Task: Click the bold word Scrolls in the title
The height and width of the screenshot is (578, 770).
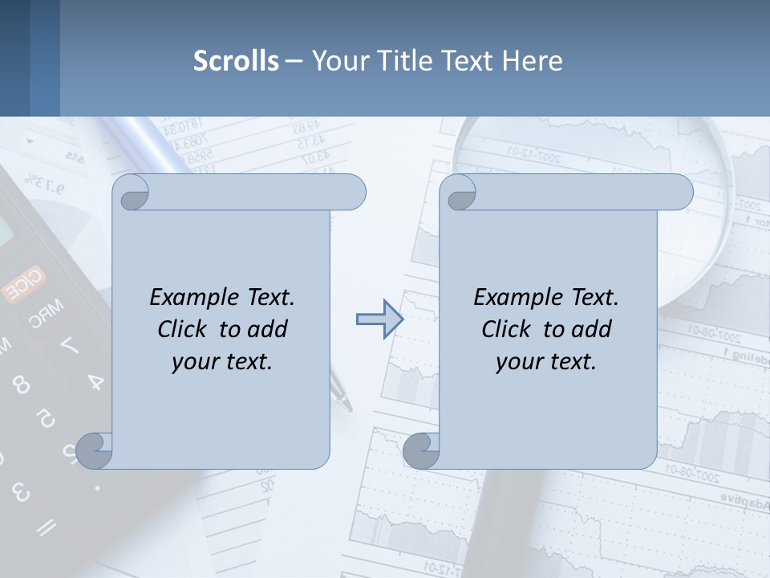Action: click(x=236, y=61)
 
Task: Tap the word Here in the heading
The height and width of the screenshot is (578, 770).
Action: click(x=533, y=61)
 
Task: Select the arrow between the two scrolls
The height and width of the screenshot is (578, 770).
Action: click(x=379, y=320)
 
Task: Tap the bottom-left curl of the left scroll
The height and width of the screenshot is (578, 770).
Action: click(x=95, y=450)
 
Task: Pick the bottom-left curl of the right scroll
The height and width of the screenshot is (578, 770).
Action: click(x=421, y=450)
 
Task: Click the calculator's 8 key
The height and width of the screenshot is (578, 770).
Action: click(x=22, y=385)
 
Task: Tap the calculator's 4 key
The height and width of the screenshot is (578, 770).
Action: click(x=95, y=381)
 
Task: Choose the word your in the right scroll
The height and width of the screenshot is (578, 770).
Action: click(x=518, y=361)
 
